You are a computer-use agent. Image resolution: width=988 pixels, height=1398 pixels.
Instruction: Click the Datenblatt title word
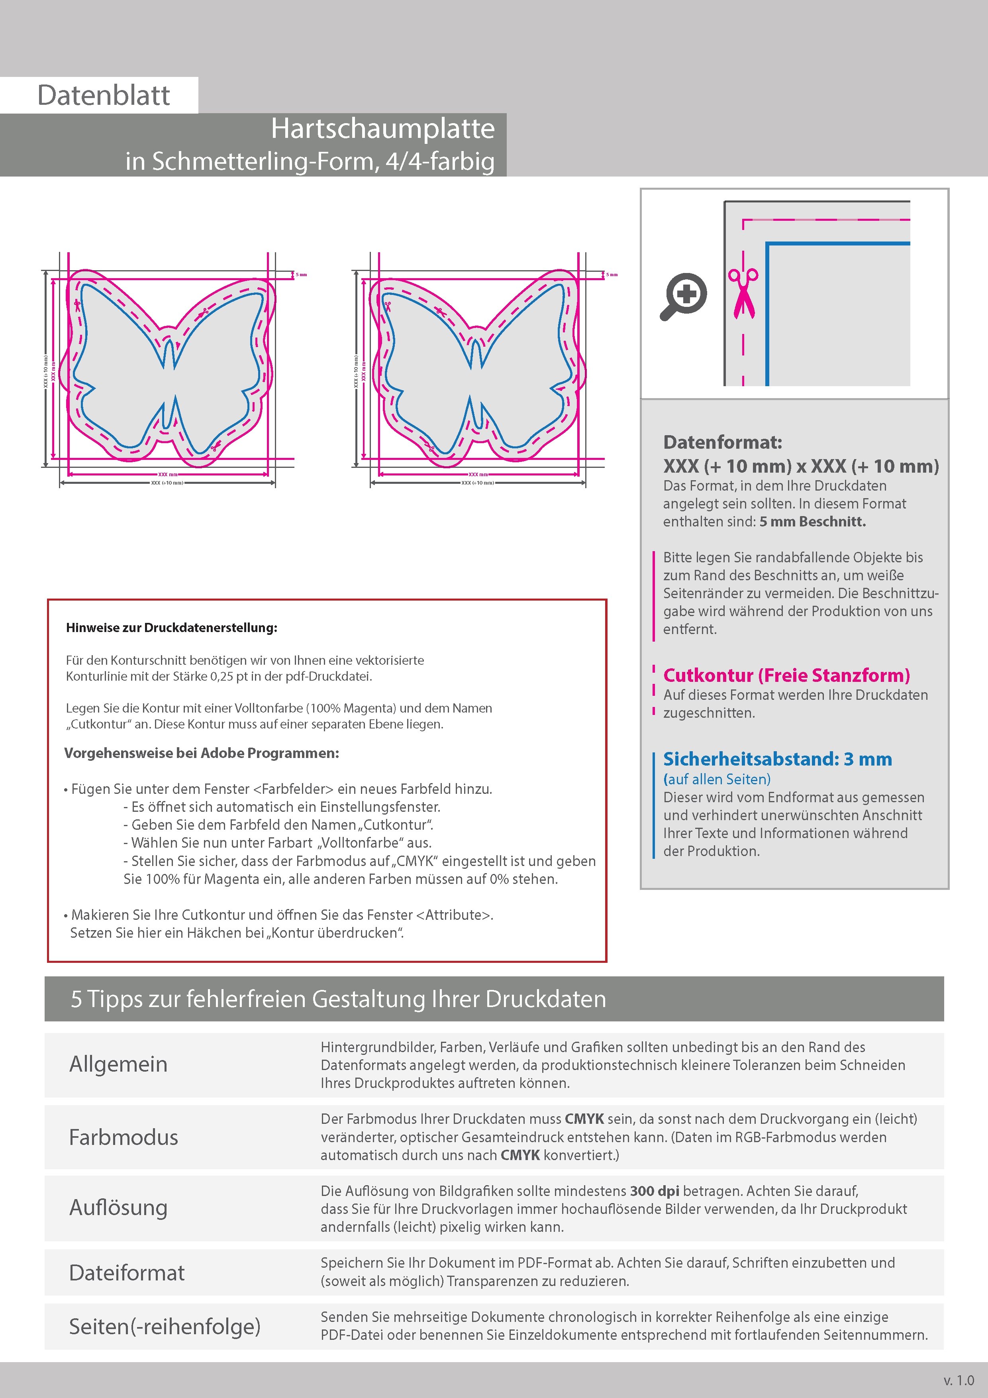tap(104, 96)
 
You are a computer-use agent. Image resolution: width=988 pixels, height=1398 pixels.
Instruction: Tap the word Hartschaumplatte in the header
tap(382, 128)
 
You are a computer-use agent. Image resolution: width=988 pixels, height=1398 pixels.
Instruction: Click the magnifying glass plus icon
tap(684, 296)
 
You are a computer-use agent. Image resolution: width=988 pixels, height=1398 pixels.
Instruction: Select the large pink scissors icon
tap(743, 293)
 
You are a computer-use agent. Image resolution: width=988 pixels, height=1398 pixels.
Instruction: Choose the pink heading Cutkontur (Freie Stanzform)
tap(786, 675)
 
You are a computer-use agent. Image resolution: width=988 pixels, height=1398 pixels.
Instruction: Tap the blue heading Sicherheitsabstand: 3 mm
tap(777, 759)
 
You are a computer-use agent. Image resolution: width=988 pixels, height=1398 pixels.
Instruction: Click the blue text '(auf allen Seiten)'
tap(716, 780)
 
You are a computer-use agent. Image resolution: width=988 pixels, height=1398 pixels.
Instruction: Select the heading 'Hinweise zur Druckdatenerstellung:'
tap(172, 628)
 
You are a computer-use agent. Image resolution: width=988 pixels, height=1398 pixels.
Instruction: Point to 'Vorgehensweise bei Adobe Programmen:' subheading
tap(202, 753)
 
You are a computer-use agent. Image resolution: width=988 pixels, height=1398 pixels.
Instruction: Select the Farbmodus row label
tap(123, 1137)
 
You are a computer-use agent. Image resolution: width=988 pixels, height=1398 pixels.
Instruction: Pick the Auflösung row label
tap(118, 1208)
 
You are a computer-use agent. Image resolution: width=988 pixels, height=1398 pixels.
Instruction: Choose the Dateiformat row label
tap(127, 1272)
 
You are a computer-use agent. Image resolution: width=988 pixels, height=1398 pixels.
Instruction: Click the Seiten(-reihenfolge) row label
tap(165, 1326)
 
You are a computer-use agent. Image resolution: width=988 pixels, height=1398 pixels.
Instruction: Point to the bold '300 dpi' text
tap(655, 1191)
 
